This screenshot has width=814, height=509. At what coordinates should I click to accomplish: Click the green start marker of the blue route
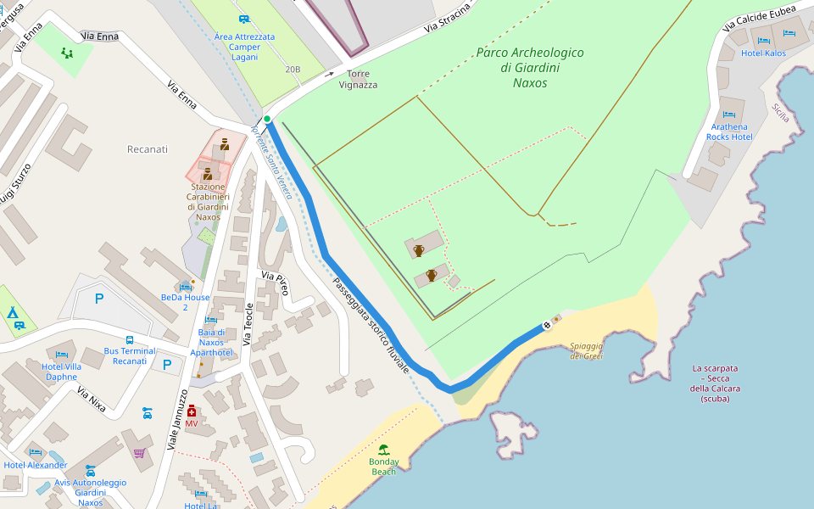coord(267,120)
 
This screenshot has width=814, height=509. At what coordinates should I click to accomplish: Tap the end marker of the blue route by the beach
coord(547,326)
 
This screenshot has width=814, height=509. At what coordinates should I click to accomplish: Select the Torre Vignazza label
coord(358,79)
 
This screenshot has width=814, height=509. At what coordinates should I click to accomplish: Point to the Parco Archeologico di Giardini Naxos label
coord(530,68)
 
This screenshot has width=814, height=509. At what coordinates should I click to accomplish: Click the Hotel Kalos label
coord(763,53)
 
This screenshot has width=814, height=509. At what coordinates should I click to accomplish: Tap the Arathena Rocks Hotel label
coord(730,131)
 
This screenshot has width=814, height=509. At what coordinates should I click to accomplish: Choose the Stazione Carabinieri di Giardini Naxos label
coord(208,202)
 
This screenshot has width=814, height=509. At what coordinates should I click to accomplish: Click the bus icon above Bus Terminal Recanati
coord(130,339)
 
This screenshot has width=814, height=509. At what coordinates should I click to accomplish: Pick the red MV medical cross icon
coord(192,411)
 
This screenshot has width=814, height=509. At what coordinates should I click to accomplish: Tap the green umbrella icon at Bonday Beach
coord(383,450)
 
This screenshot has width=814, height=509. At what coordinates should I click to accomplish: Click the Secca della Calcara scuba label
coord(715,383)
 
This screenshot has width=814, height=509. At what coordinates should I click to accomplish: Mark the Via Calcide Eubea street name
coord(759,17)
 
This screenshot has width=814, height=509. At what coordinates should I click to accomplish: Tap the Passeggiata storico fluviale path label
coord(371,326)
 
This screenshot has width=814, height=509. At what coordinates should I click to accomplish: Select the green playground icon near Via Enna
coord(67,53)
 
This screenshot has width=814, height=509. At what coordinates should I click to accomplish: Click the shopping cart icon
coord(139,453)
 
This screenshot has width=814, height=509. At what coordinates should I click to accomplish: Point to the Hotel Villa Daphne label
coord(61,371)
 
